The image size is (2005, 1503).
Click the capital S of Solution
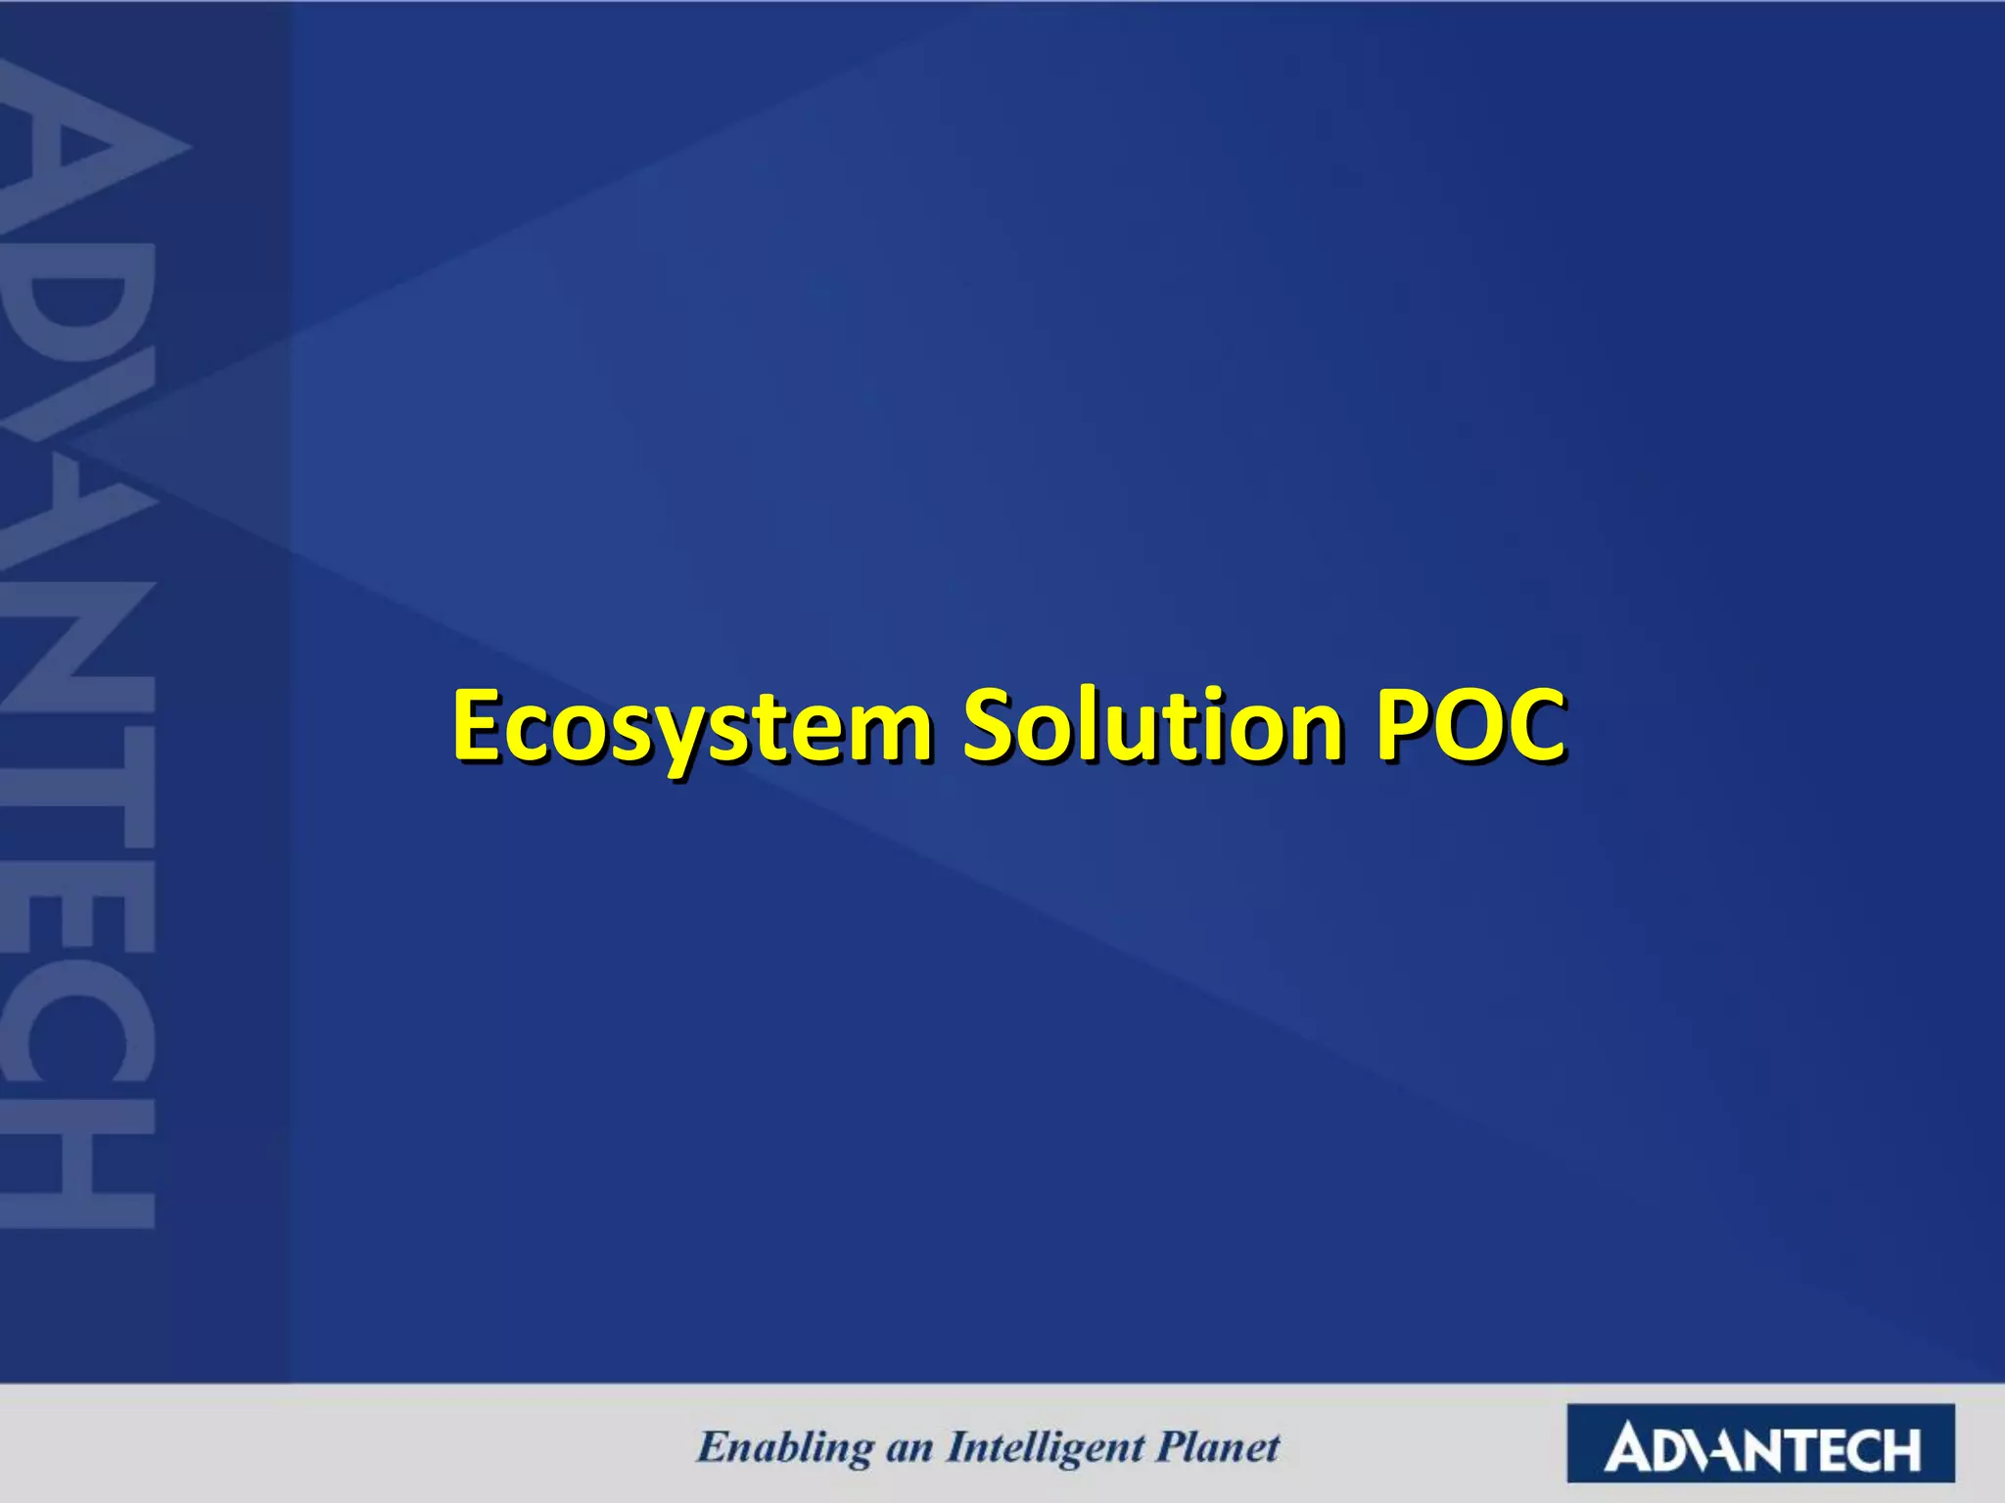coord(991,725)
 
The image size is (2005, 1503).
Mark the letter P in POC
coord(1404,725)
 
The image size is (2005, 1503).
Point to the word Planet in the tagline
coord(1218,1446)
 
